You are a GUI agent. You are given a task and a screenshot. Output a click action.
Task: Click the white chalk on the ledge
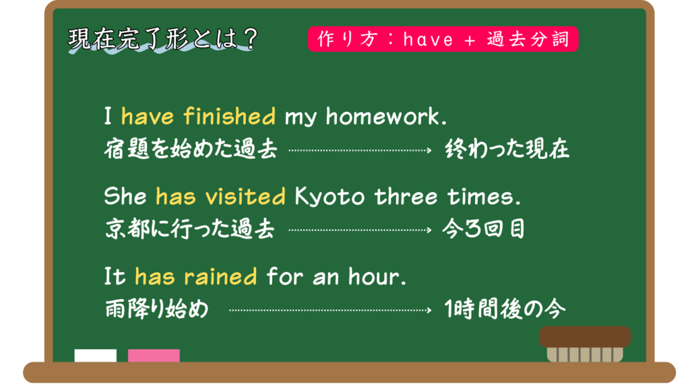96,356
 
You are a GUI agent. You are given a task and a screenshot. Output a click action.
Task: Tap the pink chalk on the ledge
154,356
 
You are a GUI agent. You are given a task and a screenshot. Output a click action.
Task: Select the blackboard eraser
585,344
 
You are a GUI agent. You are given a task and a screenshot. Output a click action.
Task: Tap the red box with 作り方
443,39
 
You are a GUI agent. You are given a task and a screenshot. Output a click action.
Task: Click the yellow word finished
229,116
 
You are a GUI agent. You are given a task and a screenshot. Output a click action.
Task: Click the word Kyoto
330,197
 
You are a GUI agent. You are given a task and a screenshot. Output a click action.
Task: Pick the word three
406,196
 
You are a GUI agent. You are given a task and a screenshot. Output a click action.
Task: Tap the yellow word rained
220,277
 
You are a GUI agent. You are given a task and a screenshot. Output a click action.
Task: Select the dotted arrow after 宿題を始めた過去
360,150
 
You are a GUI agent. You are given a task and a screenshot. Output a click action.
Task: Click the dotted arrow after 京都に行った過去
360,230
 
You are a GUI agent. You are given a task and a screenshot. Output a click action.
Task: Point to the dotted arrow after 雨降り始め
330,310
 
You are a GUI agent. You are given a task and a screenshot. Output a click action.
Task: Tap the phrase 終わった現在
507,149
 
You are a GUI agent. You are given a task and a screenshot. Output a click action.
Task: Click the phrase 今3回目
484,229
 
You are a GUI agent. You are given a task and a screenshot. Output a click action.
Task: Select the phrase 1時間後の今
505,309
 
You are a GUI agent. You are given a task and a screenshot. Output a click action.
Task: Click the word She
125,196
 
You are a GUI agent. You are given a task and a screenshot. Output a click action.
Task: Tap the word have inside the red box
428,40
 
